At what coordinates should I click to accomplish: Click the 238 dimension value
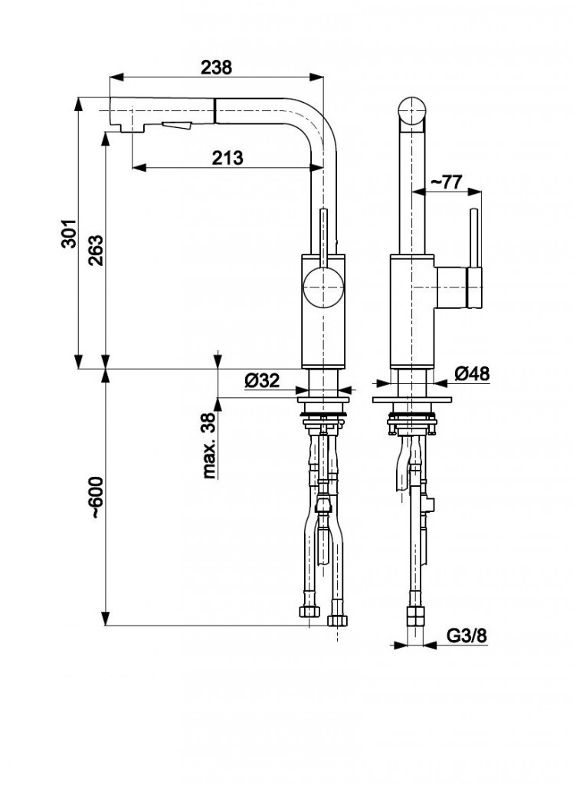pyautogui.click(x=217, y=67)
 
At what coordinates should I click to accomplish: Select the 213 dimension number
pyautogui.click(x=227, y=157)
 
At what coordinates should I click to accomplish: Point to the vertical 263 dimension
pyautogui.click(x=95, y=250)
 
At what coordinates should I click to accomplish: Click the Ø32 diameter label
pyautogui.click(x=262, y=379)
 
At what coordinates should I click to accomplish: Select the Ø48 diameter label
pyautogui.click(x=472, y=373)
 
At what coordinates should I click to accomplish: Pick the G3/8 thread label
pyautogui.click(x=466, y=636)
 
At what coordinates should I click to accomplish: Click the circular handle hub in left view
pyautogui.click(x=321, y=288)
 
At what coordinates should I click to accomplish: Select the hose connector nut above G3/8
pyautogui.click(x=414, y=616)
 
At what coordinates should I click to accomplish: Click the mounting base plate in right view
pyautogui.click(x=411, y=400)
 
